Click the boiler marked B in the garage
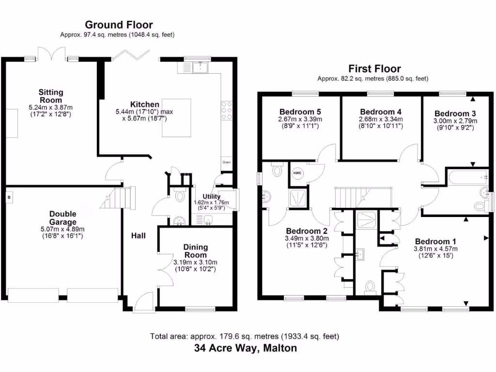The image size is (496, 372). coord(9,197)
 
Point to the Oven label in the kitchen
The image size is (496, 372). coord(226,162)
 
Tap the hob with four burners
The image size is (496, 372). coord(226,111)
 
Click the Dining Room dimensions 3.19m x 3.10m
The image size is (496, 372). coord(195,263)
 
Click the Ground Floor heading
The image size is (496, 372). coord(119,25)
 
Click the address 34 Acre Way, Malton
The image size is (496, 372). coord(245,348)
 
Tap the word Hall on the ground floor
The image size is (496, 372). coord(138,235)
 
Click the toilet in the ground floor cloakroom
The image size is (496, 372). coord(180,196)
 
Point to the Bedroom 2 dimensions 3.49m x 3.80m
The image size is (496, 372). coord(307,238)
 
